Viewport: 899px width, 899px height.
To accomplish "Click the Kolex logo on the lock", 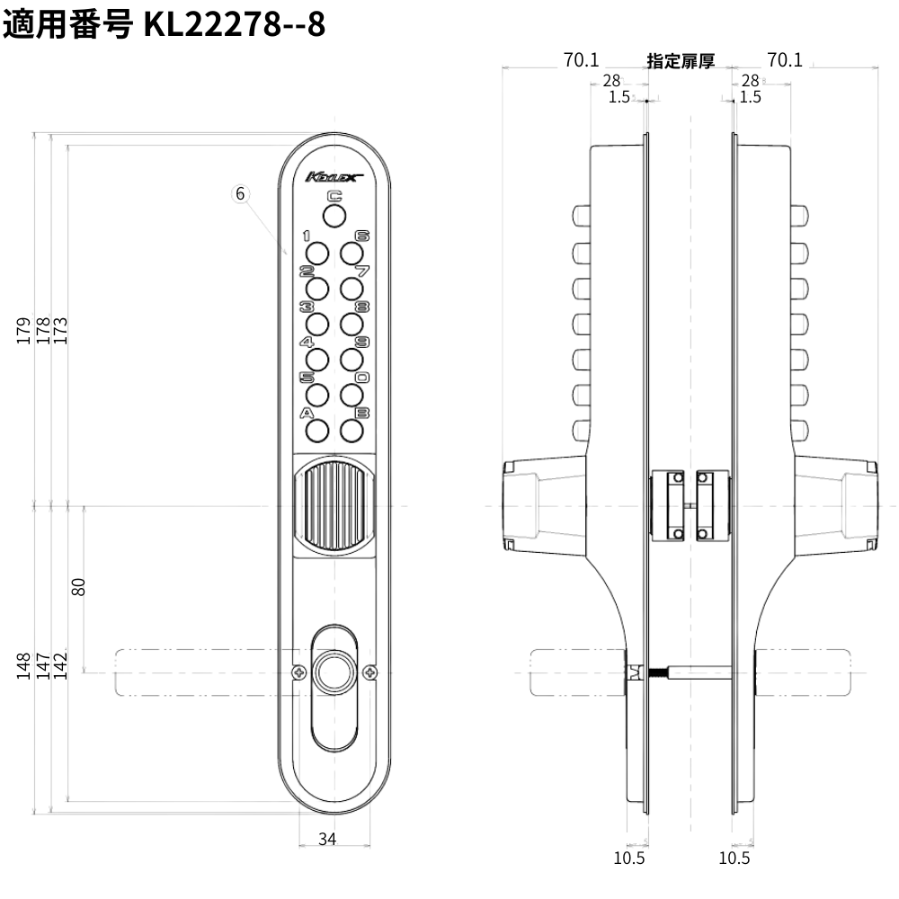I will (x=333, y=177).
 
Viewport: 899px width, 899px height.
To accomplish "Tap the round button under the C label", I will (x=334, y=216).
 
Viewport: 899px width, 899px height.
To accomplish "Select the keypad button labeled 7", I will (x=352, y=288).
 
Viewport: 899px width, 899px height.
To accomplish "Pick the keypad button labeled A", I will (x=316, y=432).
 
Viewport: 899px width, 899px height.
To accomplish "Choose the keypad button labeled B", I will (x=352, y=432).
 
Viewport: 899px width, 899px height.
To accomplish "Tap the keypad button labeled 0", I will (x=352, y=396).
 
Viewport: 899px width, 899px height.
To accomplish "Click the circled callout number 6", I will (x=240, y=193).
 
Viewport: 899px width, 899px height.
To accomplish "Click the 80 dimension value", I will (x=78, y=586).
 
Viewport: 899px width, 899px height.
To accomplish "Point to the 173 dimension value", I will (x=61, y=330).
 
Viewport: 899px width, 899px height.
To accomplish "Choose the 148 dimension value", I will (x=25, y=666).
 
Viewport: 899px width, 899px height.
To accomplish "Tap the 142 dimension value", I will (x=61, y=666).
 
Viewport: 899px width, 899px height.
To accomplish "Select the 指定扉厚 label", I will (x=681, y=61).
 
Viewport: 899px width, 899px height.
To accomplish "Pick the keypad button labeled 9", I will (x=352, y=360).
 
